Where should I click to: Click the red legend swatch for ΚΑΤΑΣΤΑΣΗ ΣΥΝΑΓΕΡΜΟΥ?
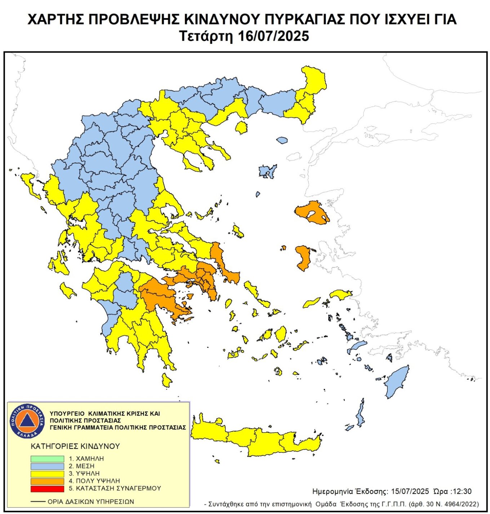pyautogui.click(x=47, y=488)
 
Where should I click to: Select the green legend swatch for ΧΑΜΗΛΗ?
pyautogui.click(x=47, y=459)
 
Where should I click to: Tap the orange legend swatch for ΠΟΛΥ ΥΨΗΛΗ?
pyautogui.click(x=47, y=481)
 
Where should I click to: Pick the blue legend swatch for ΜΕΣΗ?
pyautogui.click(x=47, y=466)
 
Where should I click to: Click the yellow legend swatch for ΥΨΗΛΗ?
pyautogui.click(x=47, y=474)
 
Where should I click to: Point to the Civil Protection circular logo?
pyautogui.click(x=27, y=421)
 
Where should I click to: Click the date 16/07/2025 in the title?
pyautogui.click(x=274, y=36)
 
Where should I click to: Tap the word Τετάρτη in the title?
pyautogui.click(x=206, y=36)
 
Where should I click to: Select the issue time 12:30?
pyautogui.click(x=460, y=491)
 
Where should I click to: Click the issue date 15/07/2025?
pyautogui.click(x=410, y=491)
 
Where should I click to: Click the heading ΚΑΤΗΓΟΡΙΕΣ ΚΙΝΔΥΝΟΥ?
pyautogui.click(x=75, y=446)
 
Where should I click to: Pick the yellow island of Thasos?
pyautogui.click(x=241, y=127)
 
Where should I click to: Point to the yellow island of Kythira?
pyautogui.click(x=166, y=380)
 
